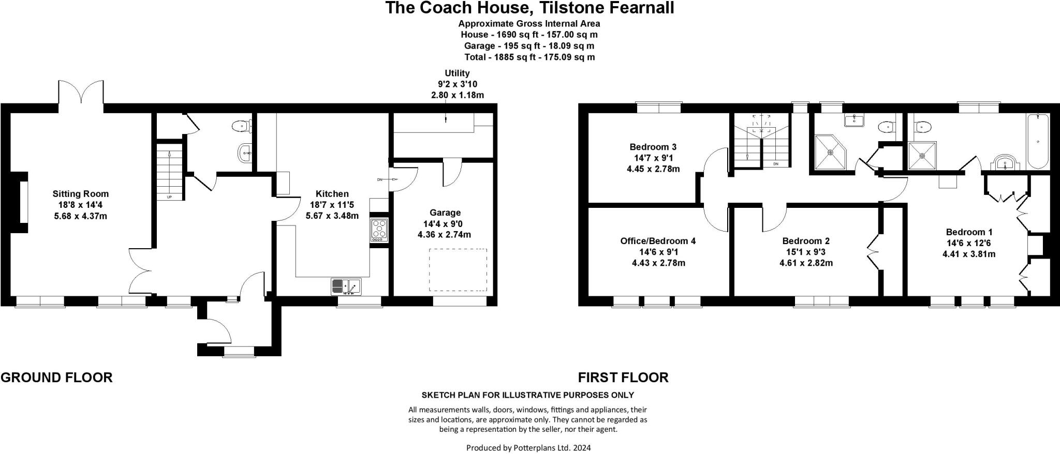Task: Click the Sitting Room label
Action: (x=80, y=194)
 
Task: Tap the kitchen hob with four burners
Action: (x=379, y=230)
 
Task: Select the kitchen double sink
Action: (x=346, y=286)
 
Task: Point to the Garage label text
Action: (x=445, y=213)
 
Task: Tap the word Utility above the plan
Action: (x=457, y=73)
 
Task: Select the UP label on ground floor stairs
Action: (x=169, y=197)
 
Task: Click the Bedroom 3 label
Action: (x=653, y=147)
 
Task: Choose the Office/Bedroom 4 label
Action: (x=658, y=241)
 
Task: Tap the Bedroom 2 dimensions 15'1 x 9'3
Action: (x=806, y=252)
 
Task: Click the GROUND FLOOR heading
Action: (x=56, y=377)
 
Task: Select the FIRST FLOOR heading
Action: (x=623, y=377)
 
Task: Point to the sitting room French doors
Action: (x=81, y=93)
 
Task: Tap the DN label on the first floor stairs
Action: (x=775, y=164)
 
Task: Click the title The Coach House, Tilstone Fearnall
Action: (x=529, y=8)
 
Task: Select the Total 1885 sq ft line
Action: (x=529, y=57)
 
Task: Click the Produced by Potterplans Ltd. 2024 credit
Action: (x=528, y=447)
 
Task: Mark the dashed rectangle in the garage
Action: (x=458, y=269)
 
